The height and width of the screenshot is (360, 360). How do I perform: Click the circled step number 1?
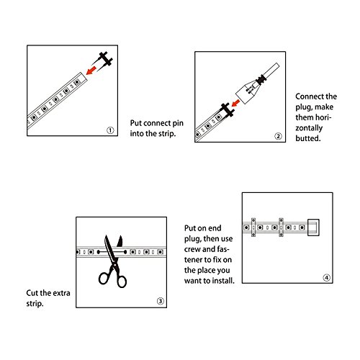click(x=110, y=130)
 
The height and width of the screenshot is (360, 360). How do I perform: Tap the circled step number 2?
click(x=278, y=136)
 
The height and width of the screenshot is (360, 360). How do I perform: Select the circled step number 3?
click(x=161, y=301)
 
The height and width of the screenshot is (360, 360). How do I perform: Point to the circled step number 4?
click(x=326, y=278)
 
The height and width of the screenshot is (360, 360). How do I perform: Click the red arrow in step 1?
click(x=91, y=71)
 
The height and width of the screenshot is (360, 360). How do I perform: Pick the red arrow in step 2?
click(x=235, y=103)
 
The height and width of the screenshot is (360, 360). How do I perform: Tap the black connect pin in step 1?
click(x=103, y=60)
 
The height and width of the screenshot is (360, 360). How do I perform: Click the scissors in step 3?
click(x=113, y=261)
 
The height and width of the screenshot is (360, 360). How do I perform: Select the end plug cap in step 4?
click(x=313, y=228)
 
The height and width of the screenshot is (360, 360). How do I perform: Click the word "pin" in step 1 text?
click(x=177, y=123)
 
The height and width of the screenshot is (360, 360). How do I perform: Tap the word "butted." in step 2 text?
click(x=308, y=138)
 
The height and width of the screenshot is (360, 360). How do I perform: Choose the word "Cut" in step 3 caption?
click(x=32, y=293)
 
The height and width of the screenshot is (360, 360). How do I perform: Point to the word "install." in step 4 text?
click(x=222, y=281)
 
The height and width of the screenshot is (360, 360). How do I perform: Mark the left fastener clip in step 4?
click(x=253, y=228)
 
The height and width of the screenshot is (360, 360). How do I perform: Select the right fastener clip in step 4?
click(x=281, y=228)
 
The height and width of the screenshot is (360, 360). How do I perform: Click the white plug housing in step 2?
click(x=247, y=92)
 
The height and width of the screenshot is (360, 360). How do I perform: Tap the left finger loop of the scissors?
click(x=104, y=279)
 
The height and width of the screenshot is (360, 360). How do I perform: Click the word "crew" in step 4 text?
click(x=192, y=249)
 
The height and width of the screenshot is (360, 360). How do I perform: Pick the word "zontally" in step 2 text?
click(x=309, y=128)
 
